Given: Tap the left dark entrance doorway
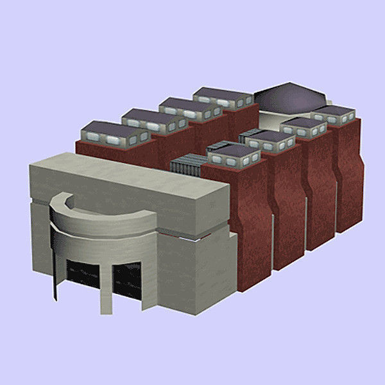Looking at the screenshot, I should [81, 278].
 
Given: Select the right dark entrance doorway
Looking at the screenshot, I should [127, 282].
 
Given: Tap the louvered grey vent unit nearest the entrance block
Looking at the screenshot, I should [187, 166].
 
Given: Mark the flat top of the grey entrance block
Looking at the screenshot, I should [128, 180].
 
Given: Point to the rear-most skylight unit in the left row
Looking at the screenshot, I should [222, 96].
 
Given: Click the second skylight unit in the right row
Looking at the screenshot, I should [269, 140].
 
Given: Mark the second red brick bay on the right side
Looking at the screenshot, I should [287, 205].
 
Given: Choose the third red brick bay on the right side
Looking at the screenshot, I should [319, 189].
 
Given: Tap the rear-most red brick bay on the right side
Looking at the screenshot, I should [348, 173].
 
